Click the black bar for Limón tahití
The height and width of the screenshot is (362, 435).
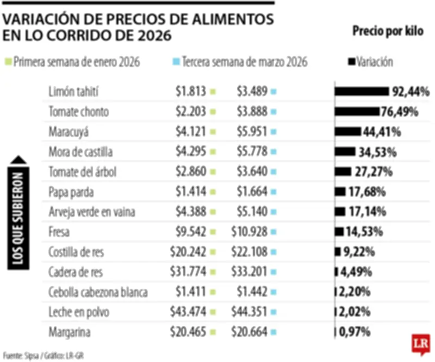pyautogui.click(x=362, y=91)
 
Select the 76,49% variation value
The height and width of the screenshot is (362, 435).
pyautogui.click(x=400, y=111)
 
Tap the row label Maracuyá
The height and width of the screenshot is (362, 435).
pyautogui.click(x=68, y=132)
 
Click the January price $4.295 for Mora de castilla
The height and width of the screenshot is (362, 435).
pyautogui.click(x=191, y=152)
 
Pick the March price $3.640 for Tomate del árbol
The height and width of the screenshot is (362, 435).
pyautogui.click(x=252, y=172)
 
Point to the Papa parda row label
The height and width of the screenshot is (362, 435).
pyautogui.click(x=71, y=192)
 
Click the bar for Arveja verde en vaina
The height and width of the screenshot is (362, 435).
pyautogui.click(x=340, y=211)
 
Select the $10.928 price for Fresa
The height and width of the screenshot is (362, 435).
pyautogui.click(x=250, y=232)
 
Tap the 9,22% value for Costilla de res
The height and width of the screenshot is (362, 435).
pyautogui.click(x=357, y=252)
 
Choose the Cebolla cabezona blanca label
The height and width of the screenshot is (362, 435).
pyautogui.click(x=98, y=292)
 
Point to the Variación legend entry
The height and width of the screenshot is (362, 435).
pyautogui.click(x=370, y=62)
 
